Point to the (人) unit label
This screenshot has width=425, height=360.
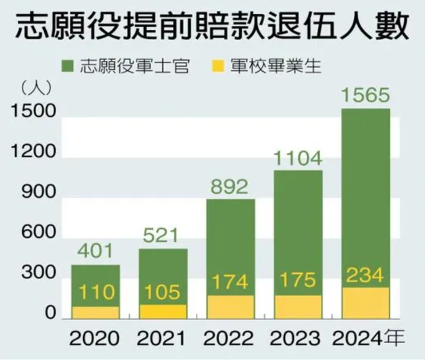tap(36, 87)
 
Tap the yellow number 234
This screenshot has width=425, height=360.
tap(364, 276)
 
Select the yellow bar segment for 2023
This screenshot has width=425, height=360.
tap(297, 307)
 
